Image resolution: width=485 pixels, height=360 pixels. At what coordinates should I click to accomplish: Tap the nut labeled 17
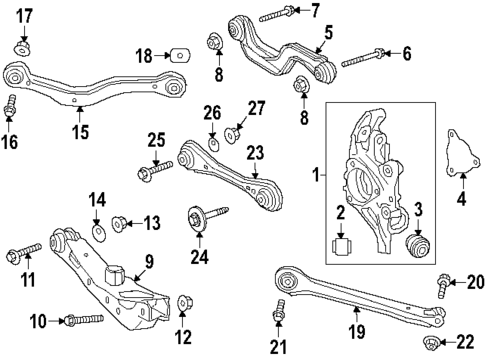point(24,47)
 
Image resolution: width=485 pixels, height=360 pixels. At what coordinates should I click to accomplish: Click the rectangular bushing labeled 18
point(181,53)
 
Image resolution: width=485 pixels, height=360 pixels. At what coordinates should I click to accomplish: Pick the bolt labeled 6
point(363,57)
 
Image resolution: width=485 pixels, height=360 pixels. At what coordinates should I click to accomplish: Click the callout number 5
point(327,33)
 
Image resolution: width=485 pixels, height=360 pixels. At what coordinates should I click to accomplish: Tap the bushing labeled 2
point(340,245)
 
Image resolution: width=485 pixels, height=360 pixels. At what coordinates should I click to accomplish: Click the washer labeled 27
point(235,130)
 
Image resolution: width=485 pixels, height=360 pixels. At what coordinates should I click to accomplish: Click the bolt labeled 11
point(27,246)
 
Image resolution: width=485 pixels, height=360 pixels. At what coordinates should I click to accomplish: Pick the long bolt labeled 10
point(82,320)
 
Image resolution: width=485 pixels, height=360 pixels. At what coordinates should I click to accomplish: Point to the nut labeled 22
point(434,345)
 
